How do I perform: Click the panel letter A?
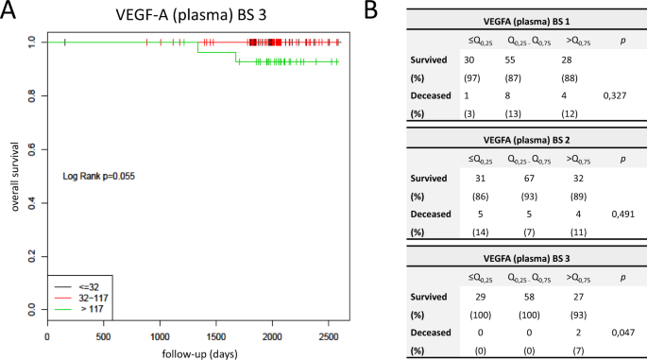tap(10, 12)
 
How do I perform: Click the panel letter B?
tap(371, 12)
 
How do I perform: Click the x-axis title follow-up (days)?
tap(194, 351)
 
